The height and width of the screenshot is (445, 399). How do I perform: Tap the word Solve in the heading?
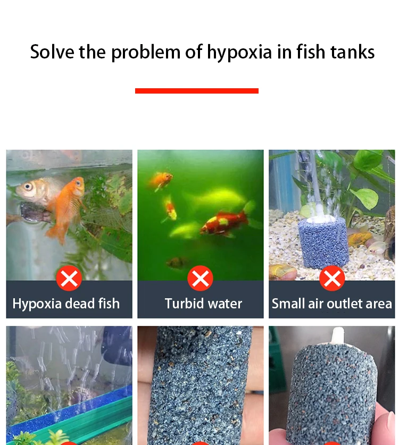(52, 52)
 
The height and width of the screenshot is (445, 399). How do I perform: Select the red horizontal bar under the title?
(196, 91)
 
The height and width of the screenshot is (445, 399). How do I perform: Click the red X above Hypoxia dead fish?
(69, 279)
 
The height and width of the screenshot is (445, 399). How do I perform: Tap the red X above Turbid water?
(201, 279)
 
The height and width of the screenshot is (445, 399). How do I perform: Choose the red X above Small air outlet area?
(332, 279)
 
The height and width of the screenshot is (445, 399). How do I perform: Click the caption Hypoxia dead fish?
(66, 304)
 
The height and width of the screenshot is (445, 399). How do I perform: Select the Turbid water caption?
(203, 304)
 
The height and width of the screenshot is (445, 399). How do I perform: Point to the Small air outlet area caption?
(332, 304)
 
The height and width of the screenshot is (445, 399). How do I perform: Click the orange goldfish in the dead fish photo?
(67, 205)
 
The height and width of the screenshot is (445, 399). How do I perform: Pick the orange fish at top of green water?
(161, 180)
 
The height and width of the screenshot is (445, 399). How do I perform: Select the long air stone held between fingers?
(199, 383)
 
